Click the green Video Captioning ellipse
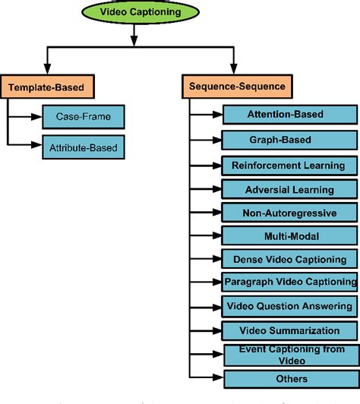click(x=134, y=12)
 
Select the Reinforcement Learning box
click(x=289, y=165)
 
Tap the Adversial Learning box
click(x=289, y=188)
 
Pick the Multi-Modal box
click(x=289, y=235)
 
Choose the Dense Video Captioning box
click(x=289, y=259)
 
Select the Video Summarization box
click(x=289, y=330)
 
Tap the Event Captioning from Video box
click(x=289, y=355)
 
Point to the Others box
click(x=289, y=378)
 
